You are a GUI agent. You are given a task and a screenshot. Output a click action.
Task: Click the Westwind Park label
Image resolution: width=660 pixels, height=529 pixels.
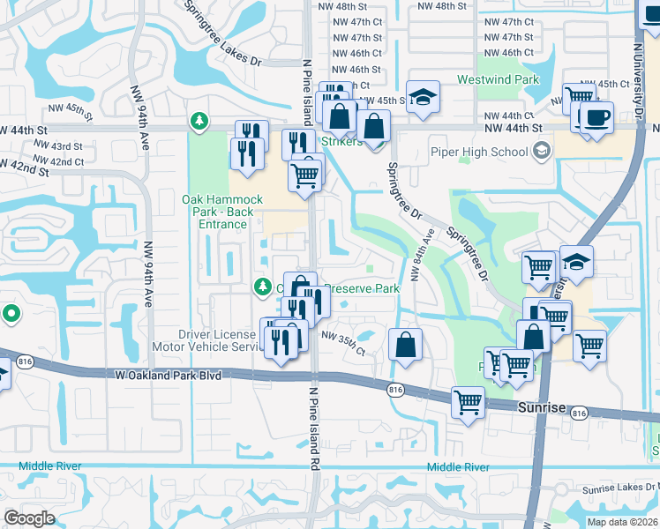pyautogui.click(x=497, y=79)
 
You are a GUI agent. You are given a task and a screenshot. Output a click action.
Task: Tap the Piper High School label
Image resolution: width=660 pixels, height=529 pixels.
pyautogui.click(x=479, y=152)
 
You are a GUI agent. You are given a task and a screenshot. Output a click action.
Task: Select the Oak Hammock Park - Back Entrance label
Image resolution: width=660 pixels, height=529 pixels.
pyautogui.click(x=218, y=212)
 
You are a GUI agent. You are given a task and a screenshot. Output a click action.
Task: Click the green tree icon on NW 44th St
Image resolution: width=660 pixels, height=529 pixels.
pyautogui.click(x=200, y=120)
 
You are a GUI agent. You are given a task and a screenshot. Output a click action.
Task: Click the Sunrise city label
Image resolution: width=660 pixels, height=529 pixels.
pyautogui.click(x=536, y=405)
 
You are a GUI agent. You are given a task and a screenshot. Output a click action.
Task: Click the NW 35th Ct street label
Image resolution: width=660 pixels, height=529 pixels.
pyautogui.click(x=343, y=343)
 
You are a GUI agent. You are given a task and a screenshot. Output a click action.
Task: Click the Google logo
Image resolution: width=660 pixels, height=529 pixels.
pyautogui.click(x=29, y=518)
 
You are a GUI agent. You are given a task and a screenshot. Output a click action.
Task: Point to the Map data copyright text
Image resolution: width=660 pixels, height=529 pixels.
pyautogui.click(x=622, y=521)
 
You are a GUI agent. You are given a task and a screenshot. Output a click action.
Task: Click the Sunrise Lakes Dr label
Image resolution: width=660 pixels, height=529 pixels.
pyautogui.click(x=619, y=489)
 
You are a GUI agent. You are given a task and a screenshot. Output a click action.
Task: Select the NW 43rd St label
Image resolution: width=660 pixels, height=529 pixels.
pyautogui.click(x=66, y=146)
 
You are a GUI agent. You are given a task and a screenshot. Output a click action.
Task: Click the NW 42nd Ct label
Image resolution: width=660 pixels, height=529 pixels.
pyautogui.click(x=66, y=161)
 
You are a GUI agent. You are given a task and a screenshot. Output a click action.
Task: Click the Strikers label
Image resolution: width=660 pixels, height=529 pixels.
pyautogui.click(x=341, y=141)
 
